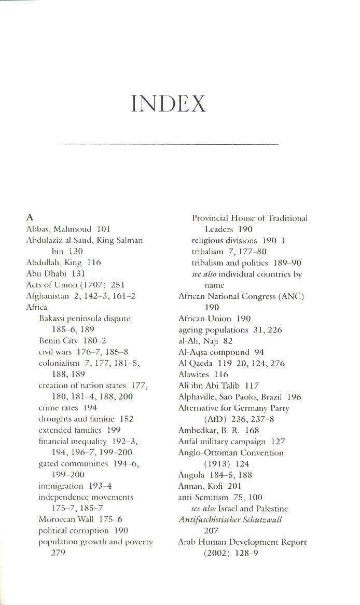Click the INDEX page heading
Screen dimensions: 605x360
[169, 104]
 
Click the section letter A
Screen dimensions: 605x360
[30, 218]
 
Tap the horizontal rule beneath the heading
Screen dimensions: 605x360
[169, 143]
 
